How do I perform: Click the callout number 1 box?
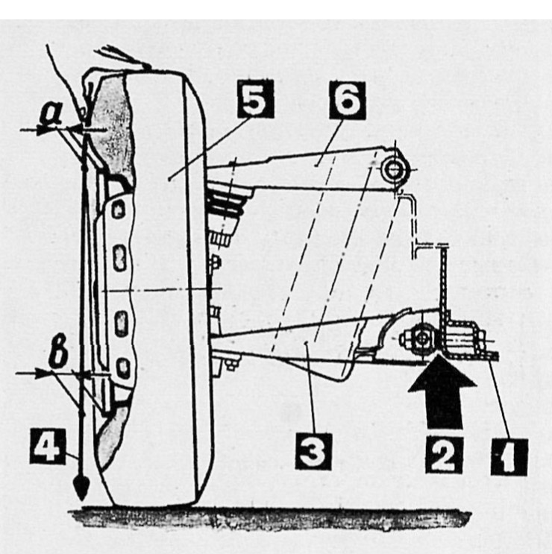(509, 458)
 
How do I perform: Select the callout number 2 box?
(445, 455)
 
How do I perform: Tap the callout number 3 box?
(313, 451)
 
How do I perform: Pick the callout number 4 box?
(48, 446)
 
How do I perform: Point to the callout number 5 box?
(256, 99)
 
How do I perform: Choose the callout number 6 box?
(347, 101)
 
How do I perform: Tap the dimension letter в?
(59, 353)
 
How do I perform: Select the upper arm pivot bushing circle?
(393, 169)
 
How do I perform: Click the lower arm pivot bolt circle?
(421, 339)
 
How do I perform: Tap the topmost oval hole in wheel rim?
(119, 210)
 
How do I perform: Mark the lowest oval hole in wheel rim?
(122, 368)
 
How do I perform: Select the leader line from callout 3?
(310, 388)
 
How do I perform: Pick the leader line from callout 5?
(210, 148)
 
